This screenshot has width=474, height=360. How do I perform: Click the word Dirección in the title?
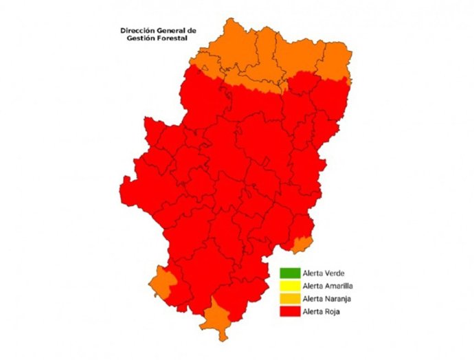pos(137,31)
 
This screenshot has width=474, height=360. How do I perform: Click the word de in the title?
pos(192,31)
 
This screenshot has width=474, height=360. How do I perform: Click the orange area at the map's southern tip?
pos(218,317)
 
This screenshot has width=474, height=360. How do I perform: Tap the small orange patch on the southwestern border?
pos(162,281)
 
